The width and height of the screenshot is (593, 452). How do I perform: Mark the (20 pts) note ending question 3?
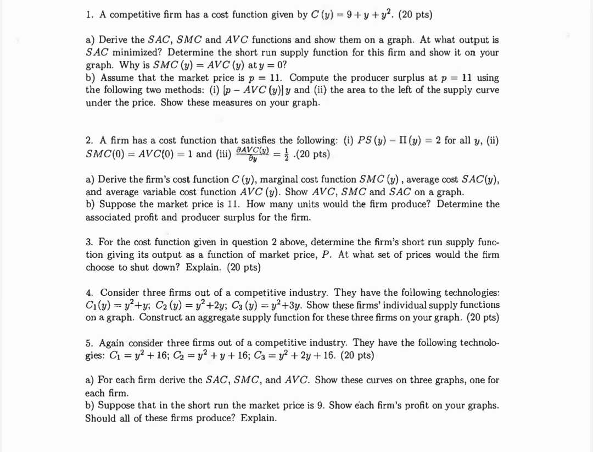(x=244, y=267)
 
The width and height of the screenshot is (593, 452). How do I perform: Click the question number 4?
(x=89, y=293)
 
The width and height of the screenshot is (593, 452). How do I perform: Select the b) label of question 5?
(x=91, y=406)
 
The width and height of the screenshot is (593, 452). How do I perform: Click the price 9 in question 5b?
(x=321, y=406)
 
